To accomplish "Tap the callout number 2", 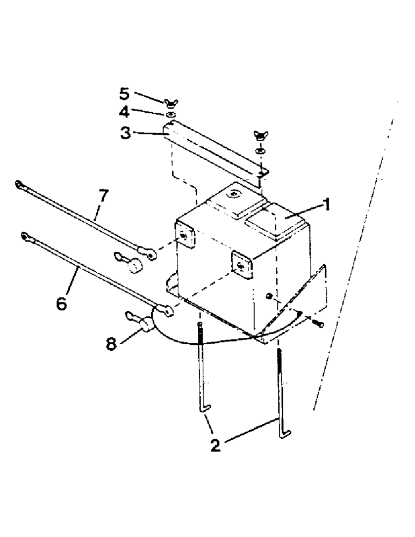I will point(215,445).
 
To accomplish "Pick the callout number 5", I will point(125,93).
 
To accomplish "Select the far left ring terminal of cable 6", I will point(25,235).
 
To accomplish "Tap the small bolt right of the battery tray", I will point(318,324).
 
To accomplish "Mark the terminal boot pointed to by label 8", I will point(145,324).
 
